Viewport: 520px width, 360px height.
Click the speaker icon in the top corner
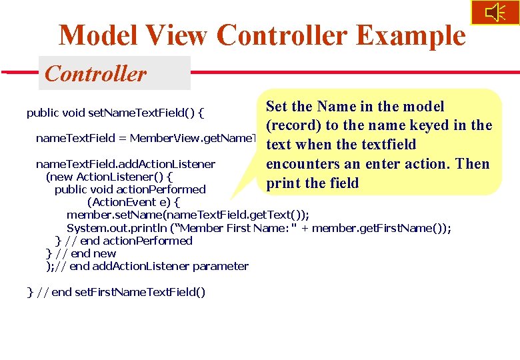click(x=495, y=13)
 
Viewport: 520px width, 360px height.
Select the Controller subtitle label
click(x=95, y=73)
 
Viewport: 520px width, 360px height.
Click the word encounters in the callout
click(x=304, y=164)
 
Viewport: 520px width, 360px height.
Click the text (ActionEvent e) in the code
click(x=133, y=202)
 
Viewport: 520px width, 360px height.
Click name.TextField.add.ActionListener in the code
click(x=125, y=164)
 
